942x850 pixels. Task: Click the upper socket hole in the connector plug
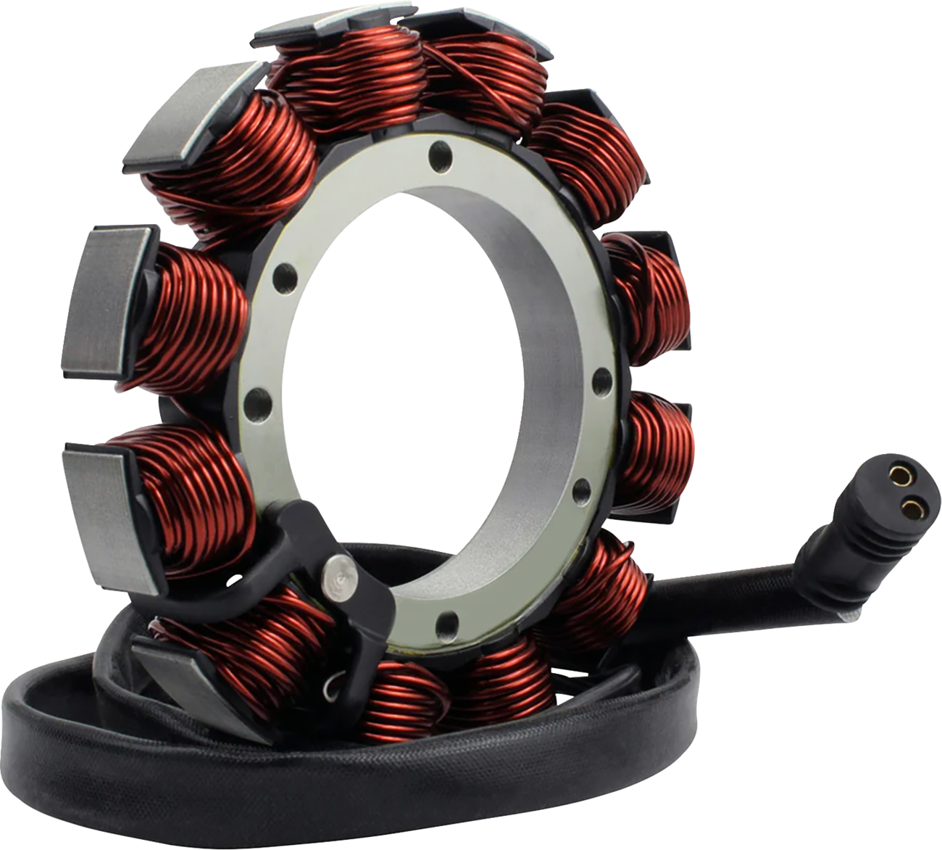click(901, 476)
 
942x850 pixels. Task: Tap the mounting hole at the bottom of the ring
click(450, 621)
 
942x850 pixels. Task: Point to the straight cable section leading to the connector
click(725, 580)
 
